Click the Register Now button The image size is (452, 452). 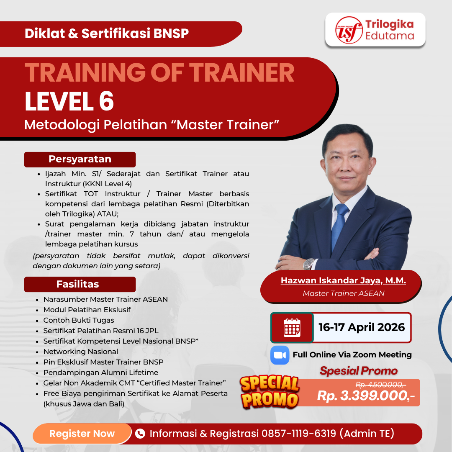tap(82, 434)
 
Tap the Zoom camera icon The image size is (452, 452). tap(280, 355)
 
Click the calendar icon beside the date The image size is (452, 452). tap(292, 327)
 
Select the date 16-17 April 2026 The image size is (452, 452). tap(362, 327)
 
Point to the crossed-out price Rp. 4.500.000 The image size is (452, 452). tap(380, 385)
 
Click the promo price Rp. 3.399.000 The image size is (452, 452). tap(366, 396)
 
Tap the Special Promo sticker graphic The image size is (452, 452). tap(270, 391)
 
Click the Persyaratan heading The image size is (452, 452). tap(80, 159)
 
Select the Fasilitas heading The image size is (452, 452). tap(78, 284)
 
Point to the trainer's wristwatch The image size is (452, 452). tap(308, 263)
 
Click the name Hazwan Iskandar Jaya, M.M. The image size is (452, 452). tap(343, 280)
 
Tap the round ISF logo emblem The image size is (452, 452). tap(349, 30)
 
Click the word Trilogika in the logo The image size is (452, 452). tap(389, 24)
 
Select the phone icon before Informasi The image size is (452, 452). tap(140, 434)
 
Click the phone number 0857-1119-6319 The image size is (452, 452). tap(298, 434)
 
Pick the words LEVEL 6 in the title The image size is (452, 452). tap(69, 102)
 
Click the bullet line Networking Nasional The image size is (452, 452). tap(81, 352)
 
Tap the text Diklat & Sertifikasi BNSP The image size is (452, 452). tap(107, 33)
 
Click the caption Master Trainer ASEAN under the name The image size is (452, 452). tap(343, 293)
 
